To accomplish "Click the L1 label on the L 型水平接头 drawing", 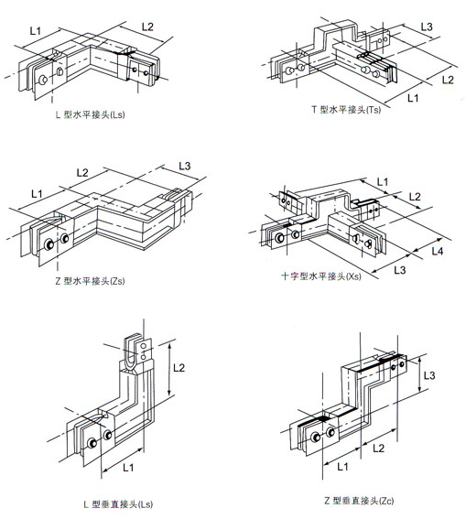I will pyautogui.click(x=36, y=30).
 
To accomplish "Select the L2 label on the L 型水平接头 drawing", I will pyautogui.click(x=147, y=27).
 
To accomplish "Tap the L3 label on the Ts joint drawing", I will pyautogui.click(x=427, y=27).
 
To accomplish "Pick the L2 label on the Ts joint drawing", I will pyautogui.click(x=448, y=81).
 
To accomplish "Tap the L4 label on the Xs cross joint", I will pyautogui.click(x=438, y=251).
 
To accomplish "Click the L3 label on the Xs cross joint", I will pyautogui.click(x=400, y=270).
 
